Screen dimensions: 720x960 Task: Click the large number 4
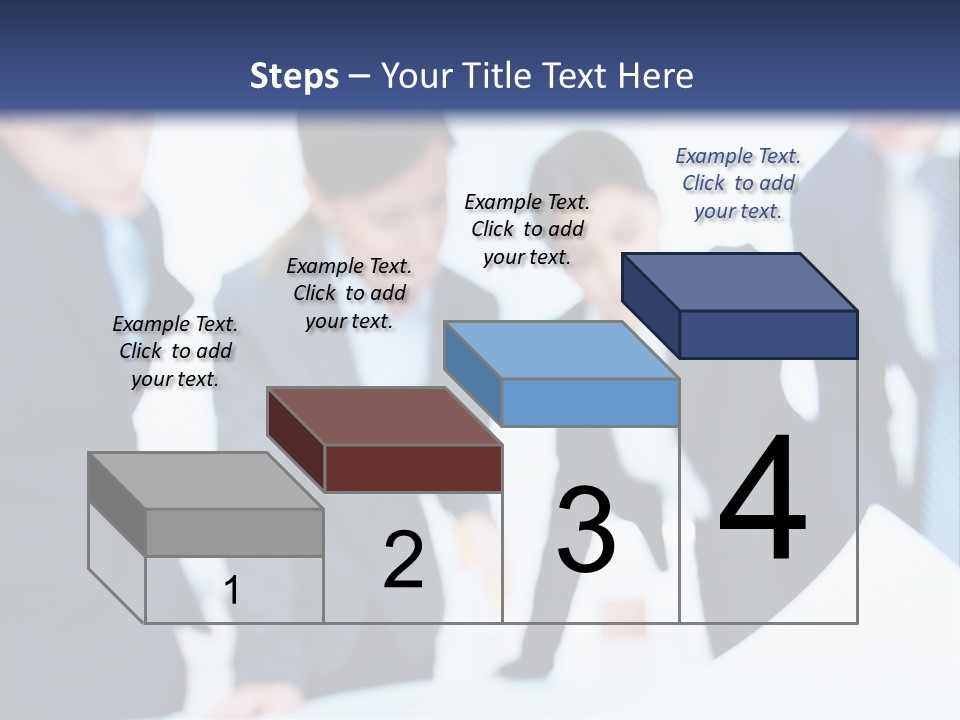click(x=762, y=500)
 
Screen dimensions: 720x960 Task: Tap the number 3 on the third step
click(x=586, y=531)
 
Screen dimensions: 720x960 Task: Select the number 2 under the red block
click(x=404, y=560)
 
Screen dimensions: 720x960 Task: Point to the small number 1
click(x=232, y=591)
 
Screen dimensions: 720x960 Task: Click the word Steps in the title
click(x=294, y=76)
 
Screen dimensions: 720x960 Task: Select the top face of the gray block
click(x=206, y=481)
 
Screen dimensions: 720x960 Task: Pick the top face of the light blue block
click(x=561, y=350)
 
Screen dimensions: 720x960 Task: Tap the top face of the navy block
click(x=739, y=281)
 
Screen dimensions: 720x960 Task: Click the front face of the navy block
click(x=768, y=334)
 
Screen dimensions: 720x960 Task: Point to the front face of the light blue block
click(x=590, y=402)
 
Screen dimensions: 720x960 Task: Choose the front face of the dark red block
click(x=413, y=468)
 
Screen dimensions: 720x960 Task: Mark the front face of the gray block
click(x=235, y=532)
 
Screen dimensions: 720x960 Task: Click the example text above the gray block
click(x=175, y=351)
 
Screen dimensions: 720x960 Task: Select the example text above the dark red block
click(x=349, y=293)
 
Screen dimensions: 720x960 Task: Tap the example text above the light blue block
click(x=527, y=229)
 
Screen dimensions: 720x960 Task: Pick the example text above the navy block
click(x=738, y=183)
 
